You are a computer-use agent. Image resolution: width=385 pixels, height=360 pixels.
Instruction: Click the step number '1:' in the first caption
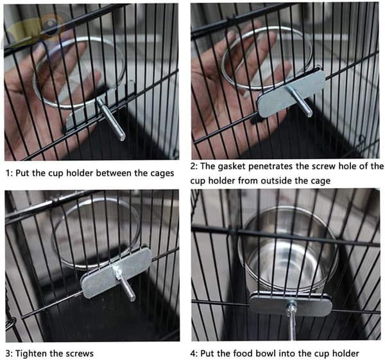pyautogui.click(x=10, y=173)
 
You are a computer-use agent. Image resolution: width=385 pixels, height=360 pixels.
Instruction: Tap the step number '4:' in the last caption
pyautogui.click(x=194, y=354)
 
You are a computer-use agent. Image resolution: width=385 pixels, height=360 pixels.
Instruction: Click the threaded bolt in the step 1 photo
pyautogui.click(x=111, y=119)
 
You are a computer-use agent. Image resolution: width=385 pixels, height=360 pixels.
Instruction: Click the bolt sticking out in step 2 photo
pyautogui.click(x=301, y=101)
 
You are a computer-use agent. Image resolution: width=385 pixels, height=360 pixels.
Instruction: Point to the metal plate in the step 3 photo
pyautogui.click(x=116, y=273)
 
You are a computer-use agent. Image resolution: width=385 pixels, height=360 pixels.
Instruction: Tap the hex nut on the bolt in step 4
pyautogui.click(x=291, y=307)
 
